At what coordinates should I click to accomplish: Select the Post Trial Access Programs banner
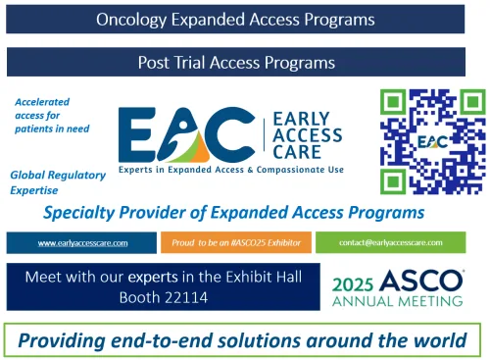pos(236,62)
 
